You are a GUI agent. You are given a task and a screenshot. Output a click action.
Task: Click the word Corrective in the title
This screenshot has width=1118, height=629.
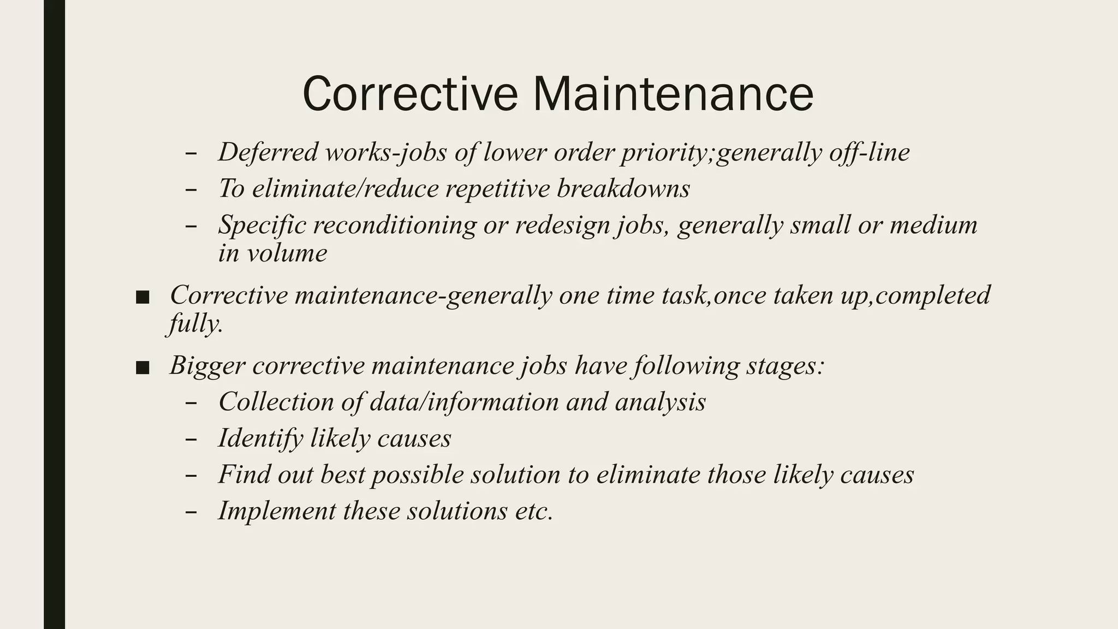[x=409, y=94]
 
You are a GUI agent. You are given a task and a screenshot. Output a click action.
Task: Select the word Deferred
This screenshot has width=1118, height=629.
[x=267, y=152]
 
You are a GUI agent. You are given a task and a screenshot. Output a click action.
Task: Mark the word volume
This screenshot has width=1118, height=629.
[x=287, y=253]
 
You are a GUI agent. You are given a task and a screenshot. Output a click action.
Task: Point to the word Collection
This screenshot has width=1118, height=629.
[x=276, y=402]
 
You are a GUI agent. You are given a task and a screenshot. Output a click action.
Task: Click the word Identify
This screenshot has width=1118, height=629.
[x=260, y=438]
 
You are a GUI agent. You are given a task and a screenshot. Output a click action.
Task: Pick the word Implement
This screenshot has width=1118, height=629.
[x=277, y=511]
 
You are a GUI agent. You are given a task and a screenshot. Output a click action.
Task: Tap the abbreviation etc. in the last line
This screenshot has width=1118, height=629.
[x=534, y=511]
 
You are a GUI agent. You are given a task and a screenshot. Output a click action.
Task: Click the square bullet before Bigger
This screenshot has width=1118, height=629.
[x=142, y=368]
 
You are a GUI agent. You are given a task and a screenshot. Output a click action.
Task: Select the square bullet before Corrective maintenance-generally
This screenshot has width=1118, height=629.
[x=142, y=298]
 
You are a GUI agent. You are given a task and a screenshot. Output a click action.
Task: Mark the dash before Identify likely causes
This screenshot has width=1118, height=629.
[x=191, y=440]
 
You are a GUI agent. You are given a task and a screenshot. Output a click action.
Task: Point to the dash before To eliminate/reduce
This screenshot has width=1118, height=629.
[x=191, y=190]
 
